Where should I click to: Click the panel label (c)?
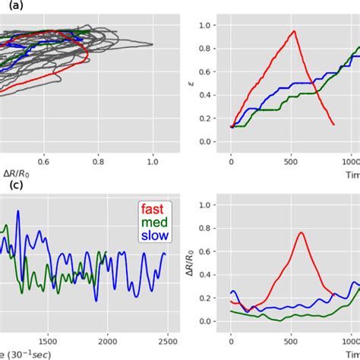point(8,186)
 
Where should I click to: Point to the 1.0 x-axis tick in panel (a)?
point(153,162)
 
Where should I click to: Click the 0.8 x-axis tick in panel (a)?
point(99,162)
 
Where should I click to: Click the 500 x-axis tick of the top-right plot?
point(292,162)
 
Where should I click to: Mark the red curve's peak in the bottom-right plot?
point(301,233)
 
